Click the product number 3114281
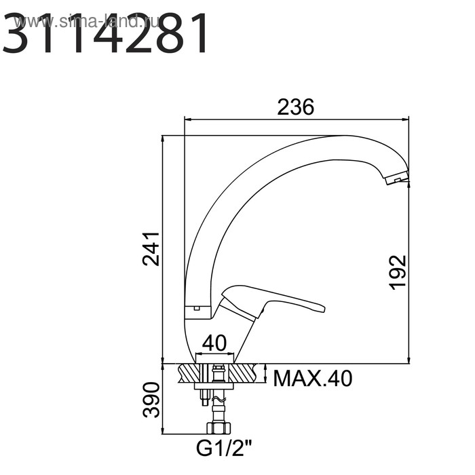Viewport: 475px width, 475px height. click(105, 33)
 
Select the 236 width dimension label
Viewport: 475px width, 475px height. click(296, 107)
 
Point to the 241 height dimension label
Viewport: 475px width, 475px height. click(151, 249)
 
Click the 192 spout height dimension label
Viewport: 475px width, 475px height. click(398, 273)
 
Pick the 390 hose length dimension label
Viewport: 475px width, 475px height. click(151, 400)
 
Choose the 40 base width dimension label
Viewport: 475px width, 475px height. click(214, 343)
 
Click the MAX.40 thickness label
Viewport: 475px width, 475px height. click(313, 379)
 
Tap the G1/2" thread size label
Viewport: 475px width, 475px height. click(224, 449)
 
